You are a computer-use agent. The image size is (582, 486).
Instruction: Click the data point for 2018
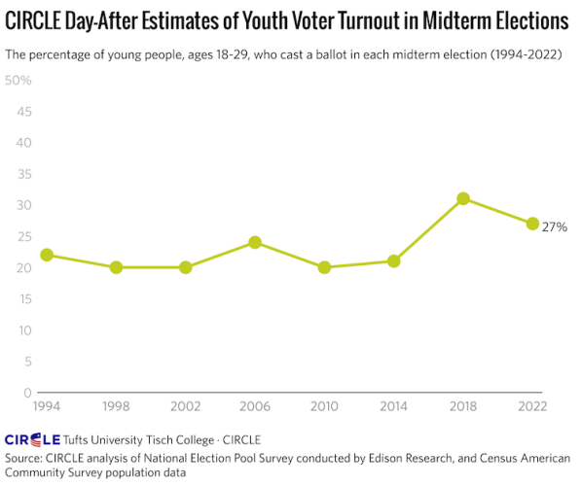click(x=463, y=198)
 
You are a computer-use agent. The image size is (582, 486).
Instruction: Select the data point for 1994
click(x=46, y=255)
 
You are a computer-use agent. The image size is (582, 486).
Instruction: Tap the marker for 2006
click(x=255, y=242)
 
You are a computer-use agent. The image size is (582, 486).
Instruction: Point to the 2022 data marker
click(x=532, y=224)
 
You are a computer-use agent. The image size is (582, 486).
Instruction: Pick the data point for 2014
click(x=394, y=260)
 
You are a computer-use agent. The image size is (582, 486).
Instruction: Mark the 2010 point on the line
click(x=324, y=267)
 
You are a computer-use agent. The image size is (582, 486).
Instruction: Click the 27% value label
click(x=555, y=226)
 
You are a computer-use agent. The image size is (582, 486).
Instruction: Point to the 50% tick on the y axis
click(x=18, y=80)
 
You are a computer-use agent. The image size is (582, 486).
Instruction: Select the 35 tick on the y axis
click(x=22, y=174)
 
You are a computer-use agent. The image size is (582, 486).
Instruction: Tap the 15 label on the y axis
click(x=22, y=298)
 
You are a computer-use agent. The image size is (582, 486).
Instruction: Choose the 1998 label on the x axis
click(x=116, y=406)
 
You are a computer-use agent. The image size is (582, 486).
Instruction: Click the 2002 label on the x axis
click(x=185, y=406)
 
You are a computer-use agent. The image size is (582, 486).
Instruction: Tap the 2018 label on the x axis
click(x=463, y=406)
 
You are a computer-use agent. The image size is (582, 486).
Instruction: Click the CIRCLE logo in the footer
click(x=32, y=439)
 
